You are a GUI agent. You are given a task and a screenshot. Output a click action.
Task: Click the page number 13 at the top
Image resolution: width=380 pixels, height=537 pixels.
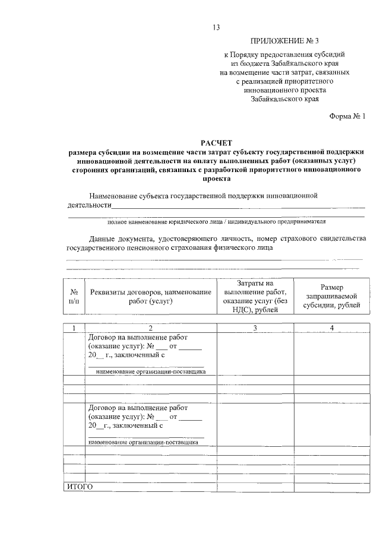[217, 27]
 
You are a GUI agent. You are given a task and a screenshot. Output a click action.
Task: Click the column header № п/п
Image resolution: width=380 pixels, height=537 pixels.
[74, 297]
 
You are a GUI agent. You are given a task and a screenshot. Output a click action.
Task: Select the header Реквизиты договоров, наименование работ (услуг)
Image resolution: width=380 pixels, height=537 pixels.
[150, 297]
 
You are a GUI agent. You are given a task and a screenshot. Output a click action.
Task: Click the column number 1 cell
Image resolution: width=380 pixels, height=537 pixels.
[74, 328]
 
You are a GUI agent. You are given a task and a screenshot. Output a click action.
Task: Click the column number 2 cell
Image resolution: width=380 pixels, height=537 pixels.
[150, 328]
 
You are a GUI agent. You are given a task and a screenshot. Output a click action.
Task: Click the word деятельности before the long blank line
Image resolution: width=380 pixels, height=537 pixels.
[90, 205]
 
